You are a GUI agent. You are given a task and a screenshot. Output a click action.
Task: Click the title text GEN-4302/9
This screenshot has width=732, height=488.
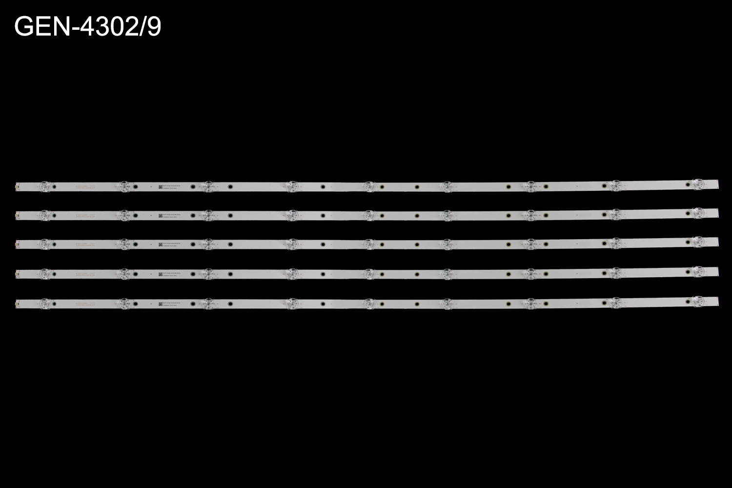[88, 28]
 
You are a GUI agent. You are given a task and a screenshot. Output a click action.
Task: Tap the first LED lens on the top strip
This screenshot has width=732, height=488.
[44, 186]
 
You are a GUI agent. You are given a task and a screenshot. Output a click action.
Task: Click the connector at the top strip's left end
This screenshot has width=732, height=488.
[18, 186]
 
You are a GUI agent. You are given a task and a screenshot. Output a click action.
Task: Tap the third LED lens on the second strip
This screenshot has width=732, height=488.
[207, 214]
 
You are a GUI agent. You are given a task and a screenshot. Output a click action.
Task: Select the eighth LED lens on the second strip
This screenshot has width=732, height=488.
[614, 213]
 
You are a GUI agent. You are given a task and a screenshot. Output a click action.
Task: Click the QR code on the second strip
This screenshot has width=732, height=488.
[159, 215]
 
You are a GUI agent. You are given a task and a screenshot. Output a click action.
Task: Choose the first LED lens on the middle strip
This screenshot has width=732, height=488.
[44, 243]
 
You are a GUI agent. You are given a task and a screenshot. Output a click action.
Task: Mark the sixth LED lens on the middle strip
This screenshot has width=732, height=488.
[447, 243]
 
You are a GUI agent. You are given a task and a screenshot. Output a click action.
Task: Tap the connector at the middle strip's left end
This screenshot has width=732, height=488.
[18, 243]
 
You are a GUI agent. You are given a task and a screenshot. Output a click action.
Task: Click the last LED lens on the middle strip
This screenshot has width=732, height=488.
[698, 241]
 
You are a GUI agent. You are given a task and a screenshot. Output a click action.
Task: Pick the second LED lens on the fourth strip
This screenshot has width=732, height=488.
[124, 273]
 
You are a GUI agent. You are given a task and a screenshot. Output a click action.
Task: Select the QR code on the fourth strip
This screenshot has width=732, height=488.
[159, 274]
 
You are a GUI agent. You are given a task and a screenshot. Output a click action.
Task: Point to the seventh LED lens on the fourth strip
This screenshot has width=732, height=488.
[530, 272]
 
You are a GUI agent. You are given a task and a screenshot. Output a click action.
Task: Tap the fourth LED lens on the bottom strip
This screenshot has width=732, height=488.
[291, 303]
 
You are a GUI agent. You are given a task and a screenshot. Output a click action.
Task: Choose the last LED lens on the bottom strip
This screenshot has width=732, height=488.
[698, 300]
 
